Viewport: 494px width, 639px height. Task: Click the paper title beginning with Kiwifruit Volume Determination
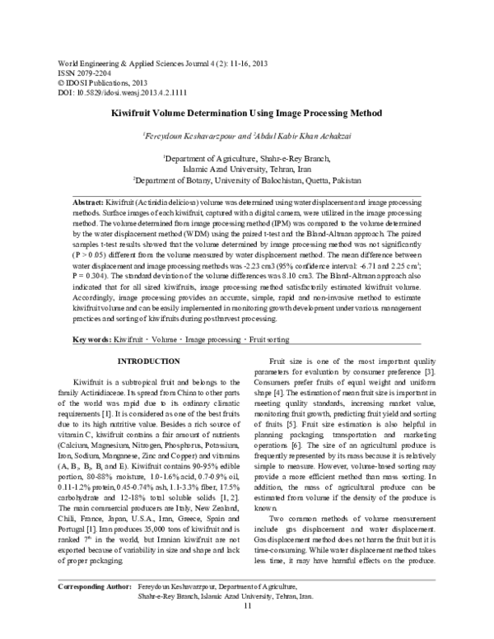coord(247,110)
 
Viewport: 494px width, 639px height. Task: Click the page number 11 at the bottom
coord(247,629)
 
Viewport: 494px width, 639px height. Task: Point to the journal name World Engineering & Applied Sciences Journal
coord(116,63)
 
